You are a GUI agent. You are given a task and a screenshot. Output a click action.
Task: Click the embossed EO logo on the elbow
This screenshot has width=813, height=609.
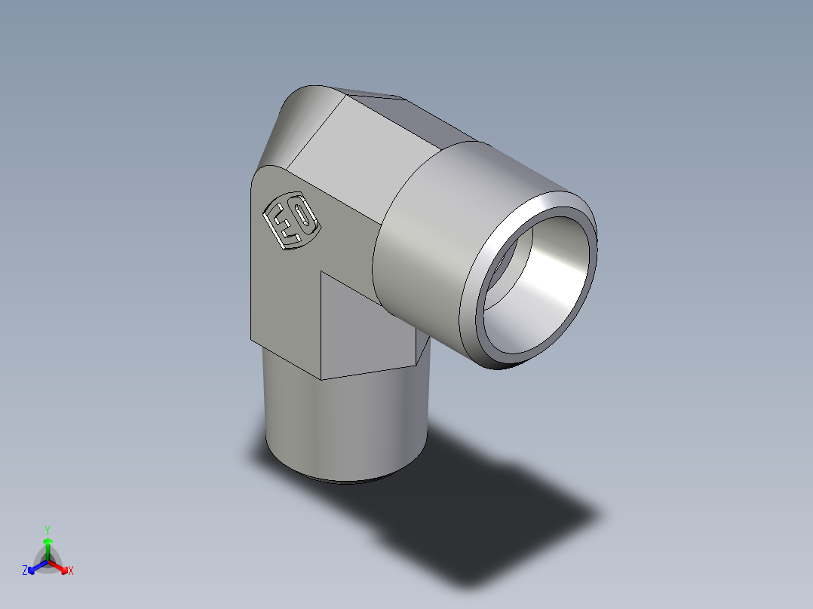[291, 222]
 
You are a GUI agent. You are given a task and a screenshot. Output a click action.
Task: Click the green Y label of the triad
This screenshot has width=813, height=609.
[48, 529]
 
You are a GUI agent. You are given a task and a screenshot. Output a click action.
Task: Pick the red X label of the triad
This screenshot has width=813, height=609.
[70, 571]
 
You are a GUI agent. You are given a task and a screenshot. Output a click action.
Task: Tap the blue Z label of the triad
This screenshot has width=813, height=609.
[25, 571]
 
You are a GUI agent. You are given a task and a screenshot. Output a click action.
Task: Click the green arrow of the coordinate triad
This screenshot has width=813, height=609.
[48, 547]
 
